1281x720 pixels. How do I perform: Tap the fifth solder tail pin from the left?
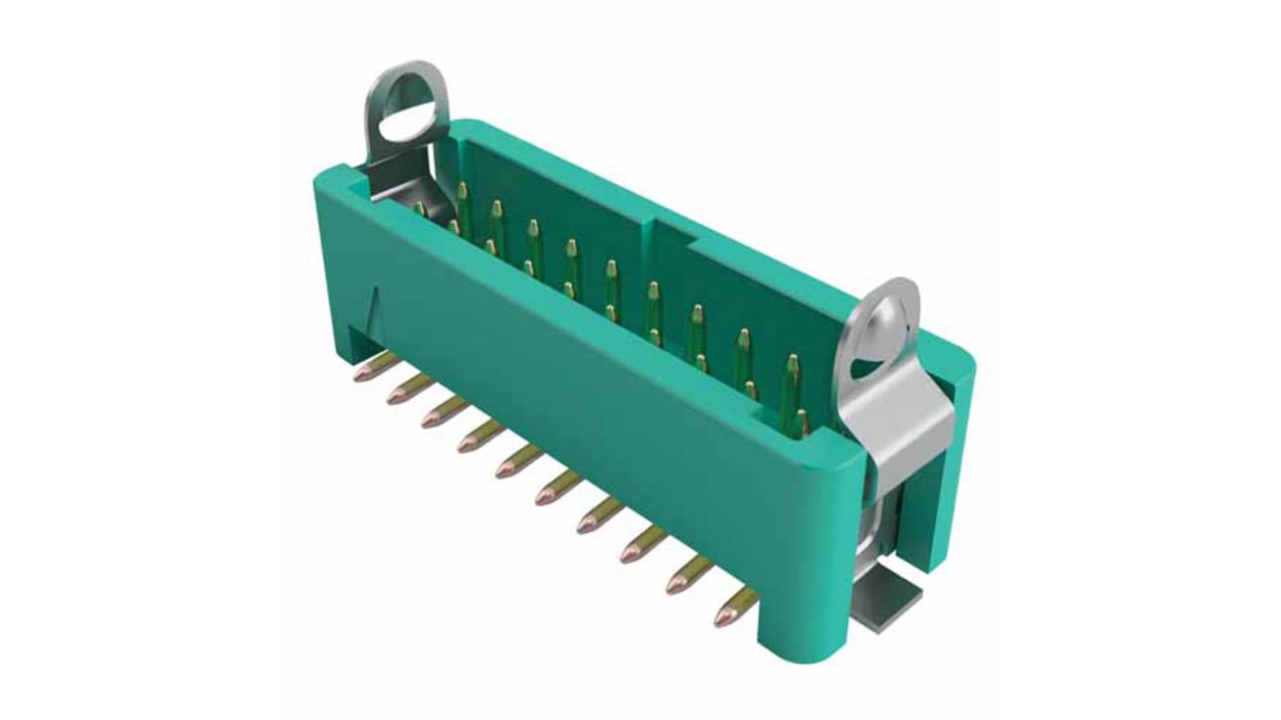(x=506, y=468)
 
